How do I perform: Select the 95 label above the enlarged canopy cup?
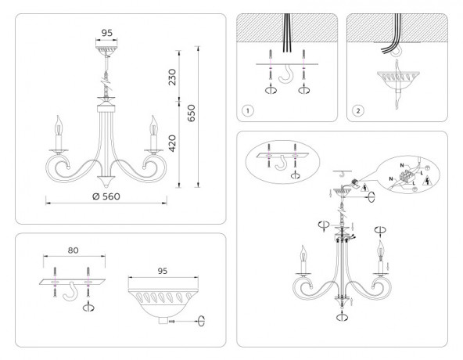point(163,271)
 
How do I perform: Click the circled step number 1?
point(247,110)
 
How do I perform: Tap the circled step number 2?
point(357,110)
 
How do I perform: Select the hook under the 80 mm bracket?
point(71,294)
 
